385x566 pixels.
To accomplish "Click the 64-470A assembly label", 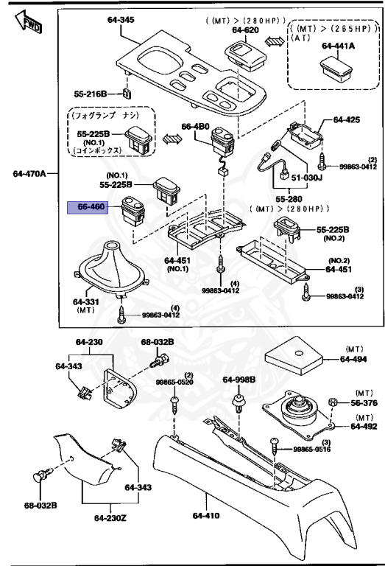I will click(x=29, y=174).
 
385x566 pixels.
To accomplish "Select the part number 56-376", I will click(x=364, y=403).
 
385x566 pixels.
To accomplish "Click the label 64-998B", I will click(x=239, y=380).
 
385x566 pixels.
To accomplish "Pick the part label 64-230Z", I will click(x=110, y=518).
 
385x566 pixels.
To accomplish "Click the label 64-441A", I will click(x=338, y=46).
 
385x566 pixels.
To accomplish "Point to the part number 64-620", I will click(x=246, y=30).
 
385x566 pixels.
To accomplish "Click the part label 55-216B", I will click(x=92, y=94).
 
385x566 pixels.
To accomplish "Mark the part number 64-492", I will click(x=364, y=426).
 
